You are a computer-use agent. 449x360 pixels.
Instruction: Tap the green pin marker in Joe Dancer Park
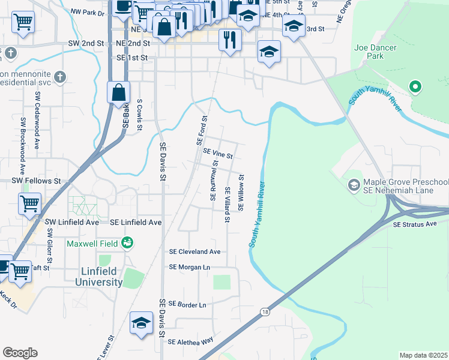pos(414,88)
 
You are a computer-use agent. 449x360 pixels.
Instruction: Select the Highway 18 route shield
pos(265,311)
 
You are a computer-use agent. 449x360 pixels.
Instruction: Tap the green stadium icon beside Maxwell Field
pos(127,243)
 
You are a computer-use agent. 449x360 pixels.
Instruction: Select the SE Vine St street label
pos(218,154)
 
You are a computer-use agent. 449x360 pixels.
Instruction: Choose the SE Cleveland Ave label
pos(195,251)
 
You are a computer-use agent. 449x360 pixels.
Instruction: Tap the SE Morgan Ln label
pos(190,267)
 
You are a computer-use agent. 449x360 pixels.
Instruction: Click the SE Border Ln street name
pos(187,305)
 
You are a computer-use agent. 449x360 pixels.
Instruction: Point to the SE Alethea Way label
pos(191,342)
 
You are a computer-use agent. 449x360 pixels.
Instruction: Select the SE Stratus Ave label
pos(416,225)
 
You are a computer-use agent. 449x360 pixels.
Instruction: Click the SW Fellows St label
pos(37,181)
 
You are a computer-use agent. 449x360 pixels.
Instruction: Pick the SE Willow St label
pos(241,193)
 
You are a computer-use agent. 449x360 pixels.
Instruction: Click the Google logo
pos(20,353)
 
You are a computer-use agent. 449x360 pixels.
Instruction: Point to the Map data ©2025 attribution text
pos(423,355)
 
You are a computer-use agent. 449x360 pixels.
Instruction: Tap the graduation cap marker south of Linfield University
pos(141,323)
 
